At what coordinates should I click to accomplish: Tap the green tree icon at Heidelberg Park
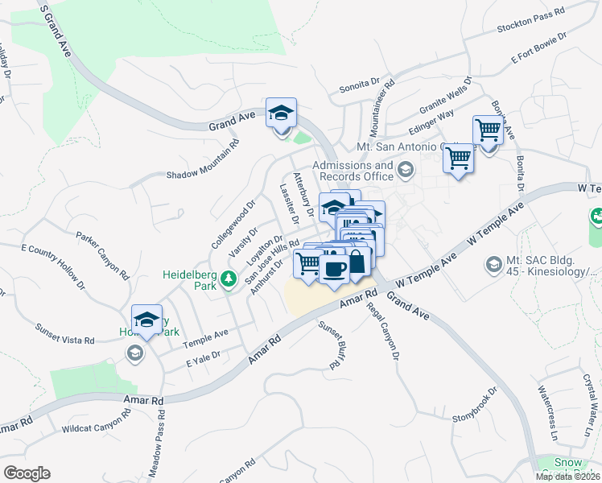[228, 279]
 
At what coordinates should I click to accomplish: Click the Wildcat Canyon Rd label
[95, 424]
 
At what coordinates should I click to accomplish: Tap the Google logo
[27, 473]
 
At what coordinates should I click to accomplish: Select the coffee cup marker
[334, 268]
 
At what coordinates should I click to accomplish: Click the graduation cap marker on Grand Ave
[282, 113]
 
